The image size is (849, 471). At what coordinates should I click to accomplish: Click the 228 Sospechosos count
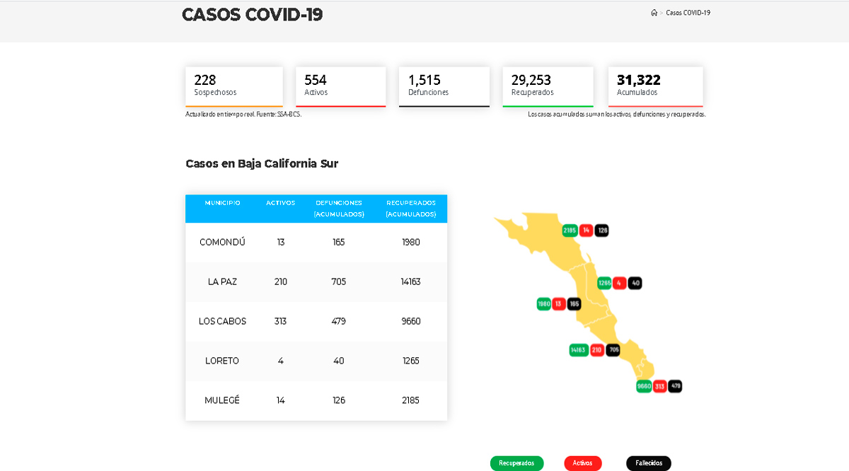(x=205, y=80)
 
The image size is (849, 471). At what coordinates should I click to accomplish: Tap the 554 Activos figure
(x=316, y=80)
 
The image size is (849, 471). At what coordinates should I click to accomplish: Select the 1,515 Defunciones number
(x=424, y=80)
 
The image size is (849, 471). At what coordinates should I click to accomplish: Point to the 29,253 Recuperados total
(x=531, y=80)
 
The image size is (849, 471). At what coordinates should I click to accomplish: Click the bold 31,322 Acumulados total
(x=638, y=80)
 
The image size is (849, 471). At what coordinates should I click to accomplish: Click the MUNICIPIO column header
(x=222, y=203)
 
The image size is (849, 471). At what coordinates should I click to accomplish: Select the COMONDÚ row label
(x=222, y=242)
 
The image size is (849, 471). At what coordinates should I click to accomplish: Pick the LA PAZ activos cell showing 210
(x=281, y=281)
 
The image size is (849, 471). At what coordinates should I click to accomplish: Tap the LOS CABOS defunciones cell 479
(x=339, y=321)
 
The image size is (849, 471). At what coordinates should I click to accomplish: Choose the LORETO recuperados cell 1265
(x=410, y=361)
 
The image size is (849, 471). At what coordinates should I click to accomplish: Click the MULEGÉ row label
(x=222, y=400)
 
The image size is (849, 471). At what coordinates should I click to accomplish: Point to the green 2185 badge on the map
(x=570, y=231)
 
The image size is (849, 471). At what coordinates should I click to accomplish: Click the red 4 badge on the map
(x=619, y=283)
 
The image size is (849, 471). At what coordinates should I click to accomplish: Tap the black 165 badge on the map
(x=574, y=304)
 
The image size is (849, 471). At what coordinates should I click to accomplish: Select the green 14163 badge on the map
(x=579, y=349)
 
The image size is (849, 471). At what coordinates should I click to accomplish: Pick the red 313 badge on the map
(x=659, y=386)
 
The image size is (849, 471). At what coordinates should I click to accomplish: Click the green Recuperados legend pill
(x=516, y=463)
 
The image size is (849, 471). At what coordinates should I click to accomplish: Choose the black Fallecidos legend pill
(x=648, y=463)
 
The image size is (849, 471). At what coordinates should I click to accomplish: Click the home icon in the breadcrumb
(x=654, y=13)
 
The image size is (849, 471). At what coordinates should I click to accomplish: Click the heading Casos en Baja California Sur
(x=262, y=163)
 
